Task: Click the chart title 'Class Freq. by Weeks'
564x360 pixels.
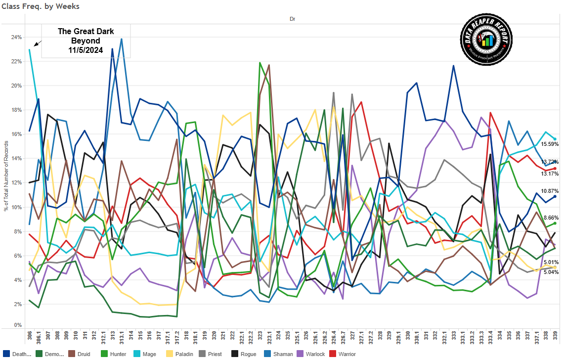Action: [x=41, y=6]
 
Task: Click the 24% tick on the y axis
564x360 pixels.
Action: [x=16, y=38]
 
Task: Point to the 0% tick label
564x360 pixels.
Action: [x=18, y=325]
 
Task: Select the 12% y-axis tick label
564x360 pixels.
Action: [x=16, y=182]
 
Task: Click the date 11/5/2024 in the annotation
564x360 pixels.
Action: [x=86, y=50]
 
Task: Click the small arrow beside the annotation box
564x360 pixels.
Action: [x=38, y=43]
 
